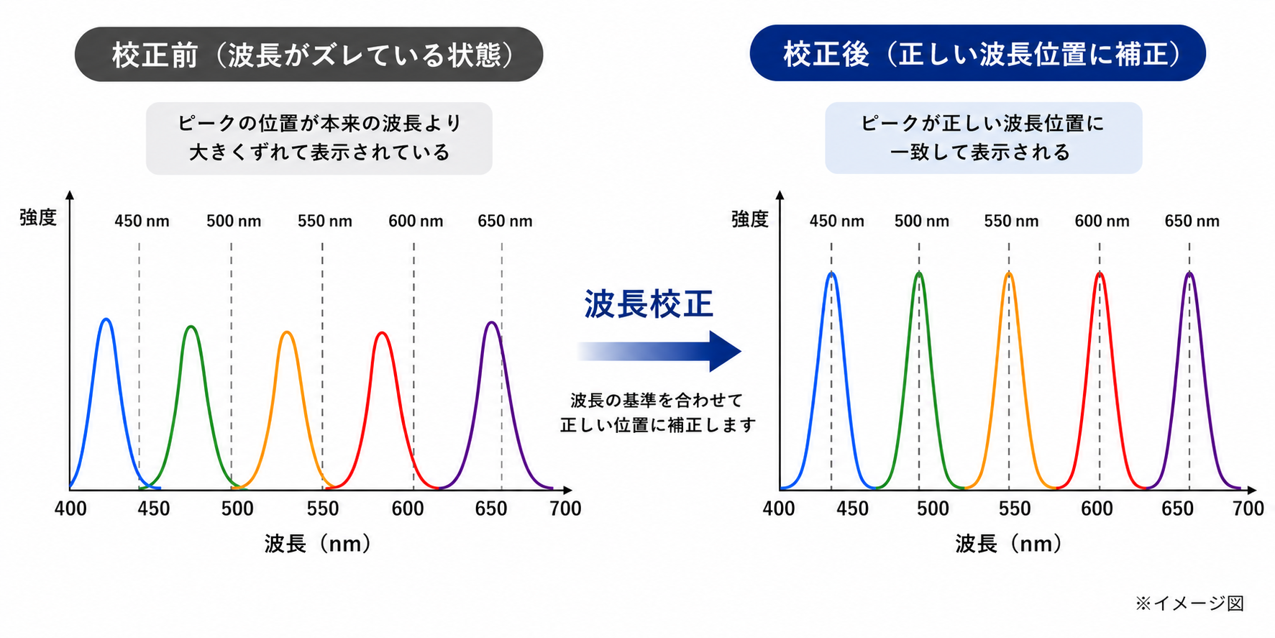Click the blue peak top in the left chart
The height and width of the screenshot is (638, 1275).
(x=106, y=319)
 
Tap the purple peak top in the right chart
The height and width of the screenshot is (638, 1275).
(x=1189, y=273)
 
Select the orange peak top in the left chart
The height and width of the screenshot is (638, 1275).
(x=287, y=332)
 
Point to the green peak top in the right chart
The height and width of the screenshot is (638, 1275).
(x=919, y=273)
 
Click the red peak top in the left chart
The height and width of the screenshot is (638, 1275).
(x=382, y=332)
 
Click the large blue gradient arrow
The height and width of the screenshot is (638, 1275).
(x=659, y=351)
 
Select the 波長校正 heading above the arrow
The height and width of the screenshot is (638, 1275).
(x=649, y=304)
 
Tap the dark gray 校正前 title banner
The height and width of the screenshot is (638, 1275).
(x=309, y=55)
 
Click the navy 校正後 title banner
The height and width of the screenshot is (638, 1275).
(x=977, y=53)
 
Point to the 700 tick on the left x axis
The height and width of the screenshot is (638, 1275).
(x=565, y=509)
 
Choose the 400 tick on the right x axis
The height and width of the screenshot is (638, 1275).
(x=779, y=509)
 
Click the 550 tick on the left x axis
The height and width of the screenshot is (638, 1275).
(x=323, y=509)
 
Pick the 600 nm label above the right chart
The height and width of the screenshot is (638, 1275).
(x=1102, y=221)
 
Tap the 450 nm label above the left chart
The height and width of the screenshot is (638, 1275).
(x=142, y=221)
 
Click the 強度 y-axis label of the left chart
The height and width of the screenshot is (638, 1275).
(x=38, y=217)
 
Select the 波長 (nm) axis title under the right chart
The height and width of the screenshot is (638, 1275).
(x=1008, y=543)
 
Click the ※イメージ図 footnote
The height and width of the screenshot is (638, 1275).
(x=1189, y=603)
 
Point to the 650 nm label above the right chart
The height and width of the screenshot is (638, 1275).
(x=1192, y=221)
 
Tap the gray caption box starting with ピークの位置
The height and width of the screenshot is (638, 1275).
(x=319, y=138)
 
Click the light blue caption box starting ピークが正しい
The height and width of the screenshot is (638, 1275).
(x=983, y=137)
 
